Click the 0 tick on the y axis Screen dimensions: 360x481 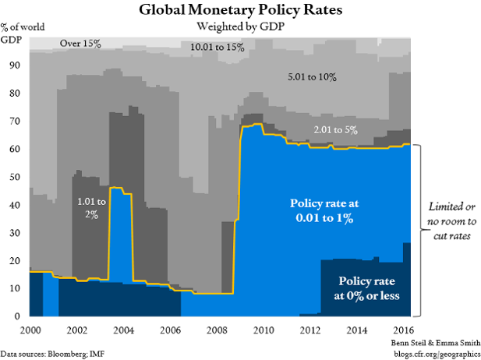tap(17, 316)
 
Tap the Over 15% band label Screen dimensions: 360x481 tap(81, 44)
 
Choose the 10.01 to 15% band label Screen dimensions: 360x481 tap(218, 48)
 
